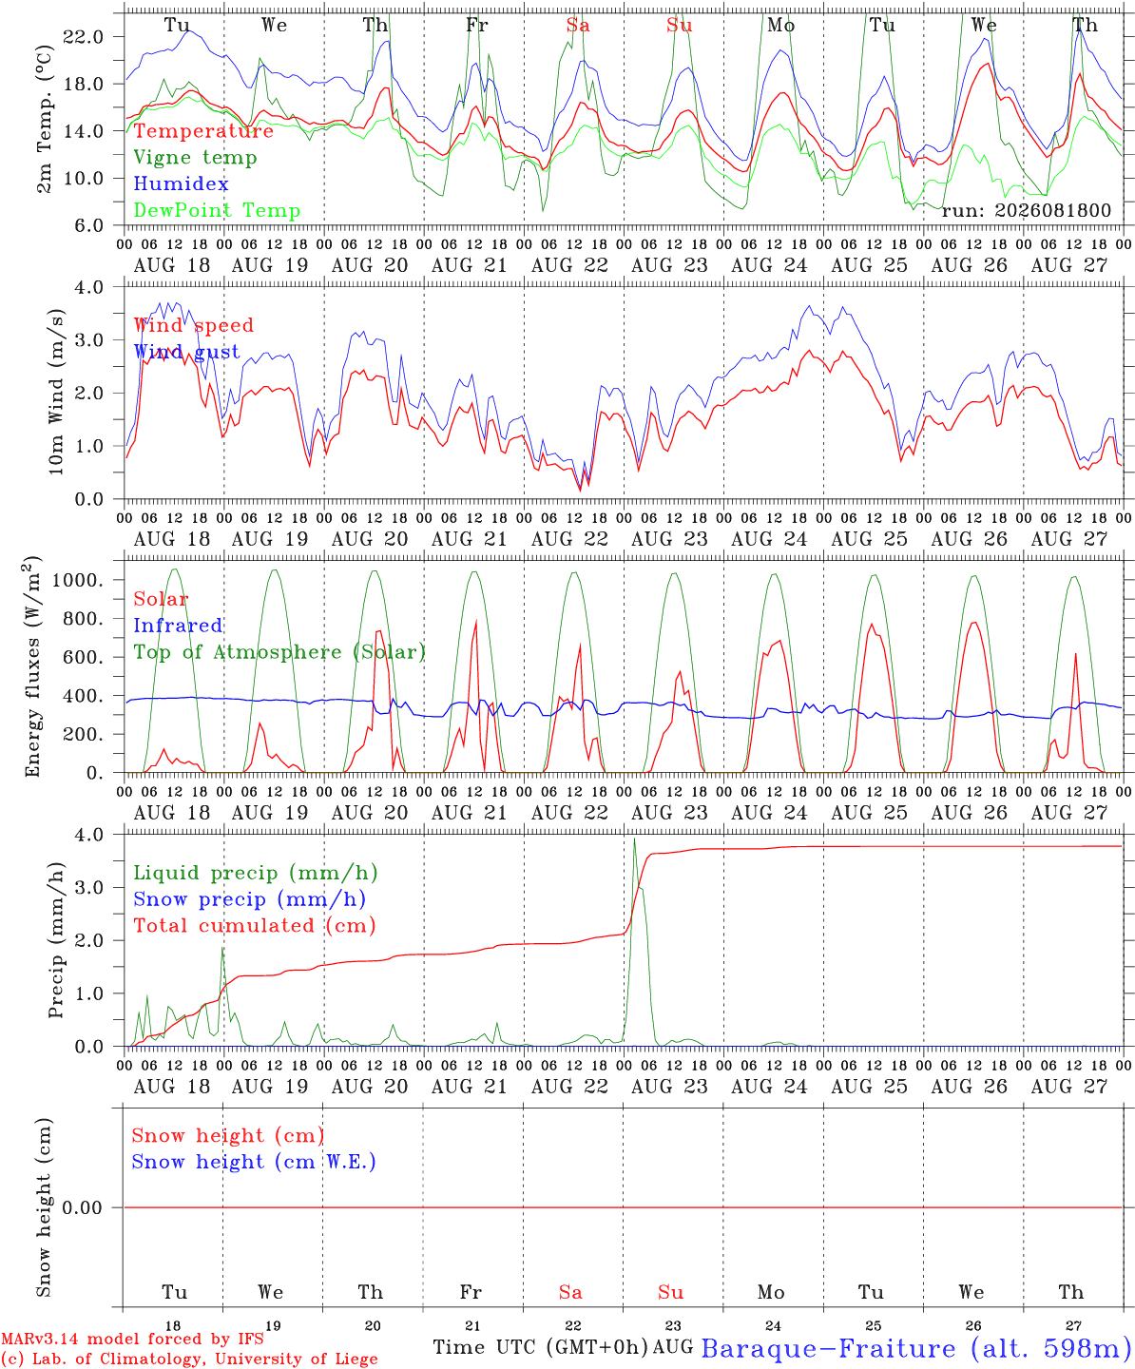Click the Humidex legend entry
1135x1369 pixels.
point(181,183)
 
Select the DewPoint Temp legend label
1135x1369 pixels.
point(217,210)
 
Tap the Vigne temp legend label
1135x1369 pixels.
point(195,158)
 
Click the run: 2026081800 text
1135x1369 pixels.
point(1026,210)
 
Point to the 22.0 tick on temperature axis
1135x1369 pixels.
point(83,37)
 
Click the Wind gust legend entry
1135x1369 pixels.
point(186,352)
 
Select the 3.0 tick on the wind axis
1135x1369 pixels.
point(88,340)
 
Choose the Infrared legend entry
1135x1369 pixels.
point(177,626)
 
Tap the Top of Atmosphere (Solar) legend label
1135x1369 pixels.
point(279,652)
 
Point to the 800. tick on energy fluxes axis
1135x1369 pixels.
point(84,619)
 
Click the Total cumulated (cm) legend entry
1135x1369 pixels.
point(255,926)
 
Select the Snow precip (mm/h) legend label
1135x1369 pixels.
point(249,899)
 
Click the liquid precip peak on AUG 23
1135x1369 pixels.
point(634,839)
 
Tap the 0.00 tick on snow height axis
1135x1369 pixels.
point(82,1207)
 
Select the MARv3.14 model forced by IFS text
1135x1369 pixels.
point(132,1339)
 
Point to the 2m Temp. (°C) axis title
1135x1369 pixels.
point(44,119)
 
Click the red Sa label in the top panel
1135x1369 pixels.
point(578,25)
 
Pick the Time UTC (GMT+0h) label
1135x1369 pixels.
point(541,1347)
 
